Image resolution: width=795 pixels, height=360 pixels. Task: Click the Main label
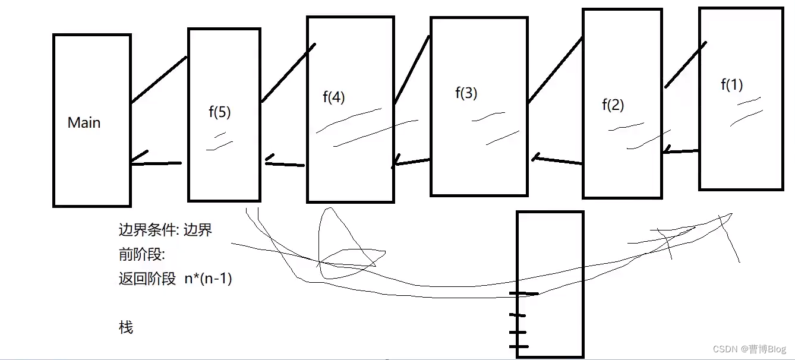[84, 123]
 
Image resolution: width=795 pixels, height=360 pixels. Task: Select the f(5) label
[220, 113]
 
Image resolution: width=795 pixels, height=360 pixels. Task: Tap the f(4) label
[333, 97]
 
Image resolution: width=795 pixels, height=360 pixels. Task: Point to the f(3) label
[466, 93]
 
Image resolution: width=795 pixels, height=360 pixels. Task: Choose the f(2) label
[613, 105]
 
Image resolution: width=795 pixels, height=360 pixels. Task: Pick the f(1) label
[731, 84]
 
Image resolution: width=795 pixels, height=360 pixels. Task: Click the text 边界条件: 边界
[165, 230]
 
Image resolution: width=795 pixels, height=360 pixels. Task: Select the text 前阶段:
[141, 254]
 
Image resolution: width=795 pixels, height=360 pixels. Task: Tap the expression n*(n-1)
[208, 278]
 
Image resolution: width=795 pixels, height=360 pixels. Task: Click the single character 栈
[126, 327]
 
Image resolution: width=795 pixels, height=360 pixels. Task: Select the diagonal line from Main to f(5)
[159, 80]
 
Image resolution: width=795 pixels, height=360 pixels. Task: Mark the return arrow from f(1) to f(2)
[680, 151]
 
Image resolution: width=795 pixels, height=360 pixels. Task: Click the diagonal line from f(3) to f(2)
[555, 70]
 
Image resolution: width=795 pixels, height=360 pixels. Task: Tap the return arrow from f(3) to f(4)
[411, 162]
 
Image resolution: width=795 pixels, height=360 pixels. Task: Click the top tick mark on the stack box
[523, 293]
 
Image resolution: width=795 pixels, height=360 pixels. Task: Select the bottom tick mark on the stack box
[518, 346]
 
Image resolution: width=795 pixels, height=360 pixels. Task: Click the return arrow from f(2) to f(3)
[557, 160]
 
